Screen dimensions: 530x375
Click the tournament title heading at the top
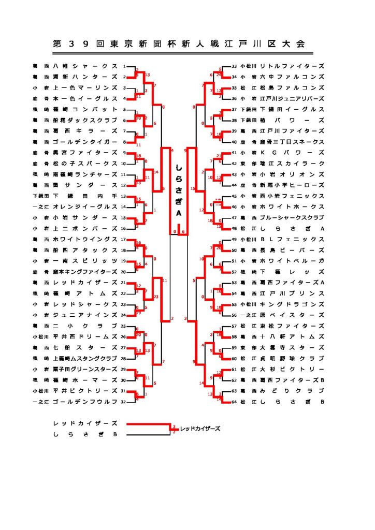pyautogui.click(x=179, y=44)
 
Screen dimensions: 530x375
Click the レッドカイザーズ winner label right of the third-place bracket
pyautogui.click(x=200, y=429)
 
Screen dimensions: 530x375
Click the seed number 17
pyautogui.click(x=124, y=239)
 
